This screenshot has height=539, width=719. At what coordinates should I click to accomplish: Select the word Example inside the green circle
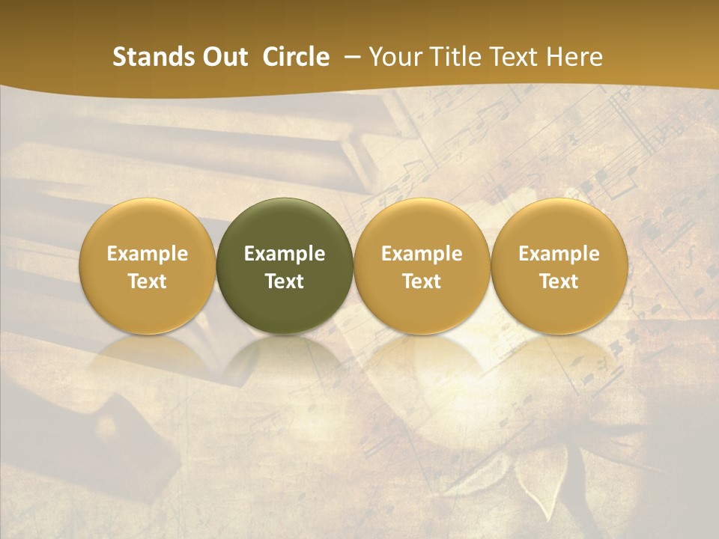pos(285,254)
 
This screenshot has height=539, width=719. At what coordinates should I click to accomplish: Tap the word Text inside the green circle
pos(285,281)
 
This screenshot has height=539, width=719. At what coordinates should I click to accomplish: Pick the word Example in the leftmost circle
pos(147,254)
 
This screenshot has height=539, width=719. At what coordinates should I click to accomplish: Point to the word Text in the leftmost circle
pos(147,281)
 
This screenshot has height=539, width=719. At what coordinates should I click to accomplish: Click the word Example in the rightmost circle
pos(559,254)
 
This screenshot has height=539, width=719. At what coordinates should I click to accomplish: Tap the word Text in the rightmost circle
pos(559,281)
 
